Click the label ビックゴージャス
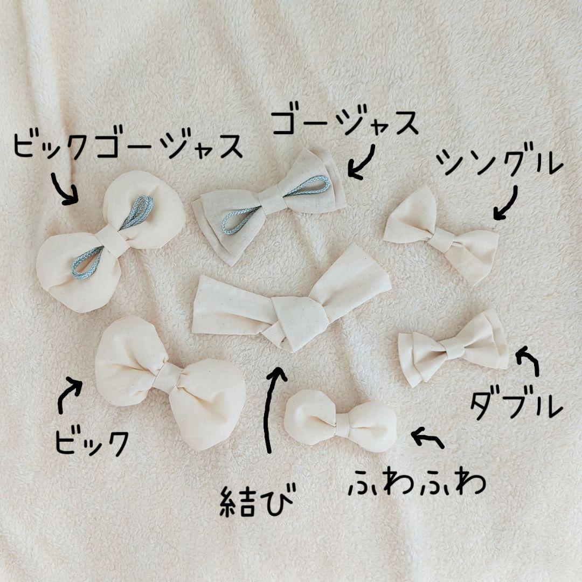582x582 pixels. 128,145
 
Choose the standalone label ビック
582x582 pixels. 92,442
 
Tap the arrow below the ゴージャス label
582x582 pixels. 363,164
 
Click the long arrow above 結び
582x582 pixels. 268,408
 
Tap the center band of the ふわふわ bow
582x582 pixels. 342,425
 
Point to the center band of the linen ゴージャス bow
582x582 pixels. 273,200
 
